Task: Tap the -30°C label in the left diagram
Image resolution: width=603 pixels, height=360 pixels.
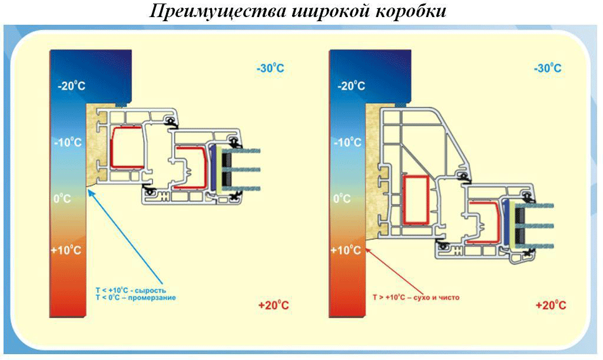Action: point(270,68)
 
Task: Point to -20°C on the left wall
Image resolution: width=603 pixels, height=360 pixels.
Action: point(71,86)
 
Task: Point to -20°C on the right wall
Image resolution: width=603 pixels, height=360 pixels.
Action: point(352,86)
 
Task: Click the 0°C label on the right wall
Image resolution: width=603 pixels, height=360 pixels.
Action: point(342,199)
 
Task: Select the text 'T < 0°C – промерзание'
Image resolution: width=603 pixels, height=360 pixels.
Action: point(136,298)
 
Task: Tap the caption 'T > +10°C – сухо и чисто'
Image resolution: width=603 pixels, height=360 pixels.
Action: point(416,298)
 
